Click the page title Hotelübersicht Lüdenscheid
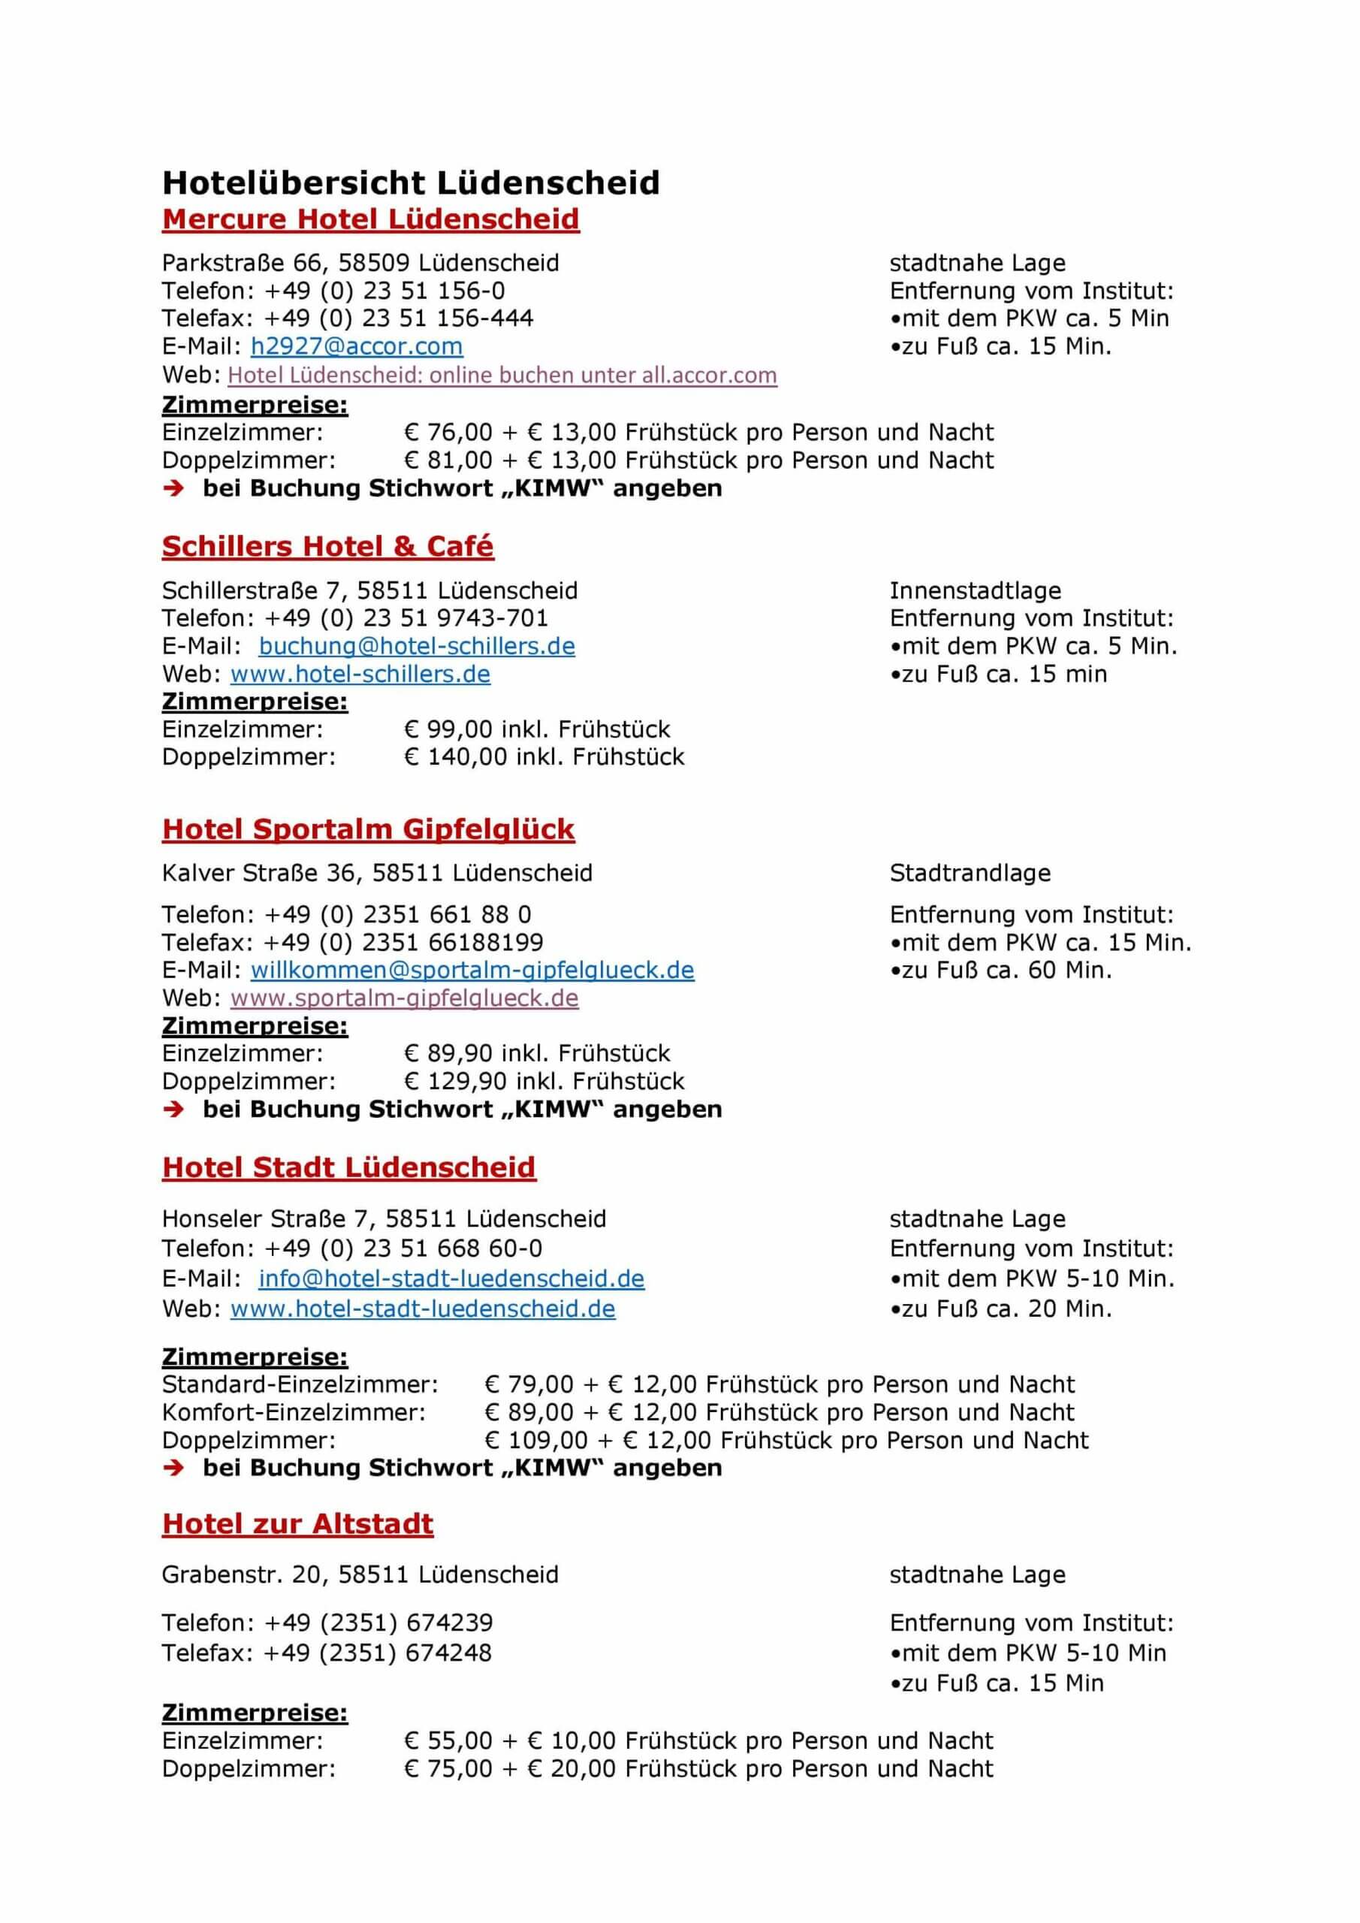[x=410, y=183]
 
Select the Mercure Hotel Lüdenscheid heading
[x=370, y=219]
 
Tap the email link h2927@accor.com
[x=357, y=346]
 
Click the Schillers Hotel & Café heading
[x=327, y=546]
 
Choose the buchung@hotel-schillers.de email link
[x=416, y=646]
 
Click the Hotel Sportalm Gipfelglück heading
[x=368, y=829]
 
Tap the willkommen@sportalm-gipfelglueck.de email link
[x=472, y=969]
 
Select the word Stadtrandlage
[x=969, y=873]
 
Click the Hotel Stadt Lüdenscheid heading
[x=348, y=1167]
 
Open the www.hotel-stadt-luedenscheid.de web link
[x=422, y=1309]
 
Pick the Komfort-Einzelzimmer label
[x=293, y=1412]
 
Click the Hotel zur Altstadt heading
[x=297, y=1523]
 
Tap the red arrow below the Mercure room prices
[x=173, y=488]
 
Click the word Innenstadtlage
[x=975, y=590]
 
